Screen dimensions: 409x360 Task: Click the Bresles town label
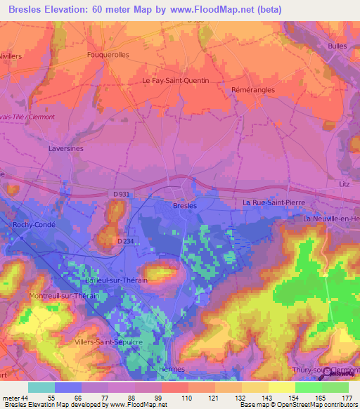(x=185, y=205)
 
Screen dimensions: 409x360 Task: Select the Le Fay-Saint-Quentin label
(x=175, y=80)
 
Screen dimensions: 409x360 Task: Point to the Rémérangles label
(x=252, y=90)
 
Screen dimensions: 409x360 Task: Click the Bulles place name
(x=337, y=46)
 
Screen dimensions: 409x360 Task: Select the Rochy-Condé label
(x=33, y=225)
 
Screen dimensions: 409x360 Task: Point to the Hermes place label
(x=172, y=369)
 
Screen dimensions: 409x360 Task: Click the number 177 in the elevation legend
(x=347, y=397)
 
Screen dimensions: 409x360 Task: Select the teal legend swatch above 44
(x=41, y=387)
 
